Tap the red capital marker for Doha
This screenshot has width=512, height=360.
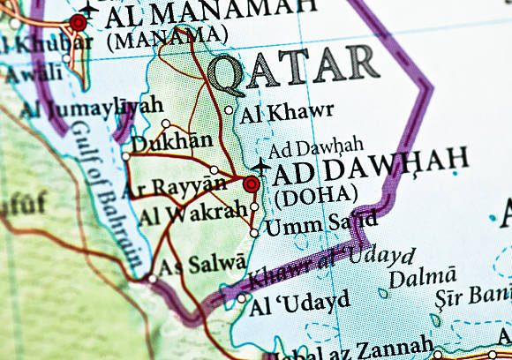[x=252, y=184]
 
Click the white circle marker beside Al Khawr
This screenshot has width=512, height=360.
[x=230, y=111]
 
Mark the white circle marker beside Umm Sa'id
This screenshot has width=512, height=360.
[x=254, y=233]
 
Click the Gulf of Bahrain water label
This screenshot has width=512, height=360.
[x=102, y=194]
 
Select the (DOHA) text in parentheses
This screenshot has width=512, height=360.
[x=315, y=194]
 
